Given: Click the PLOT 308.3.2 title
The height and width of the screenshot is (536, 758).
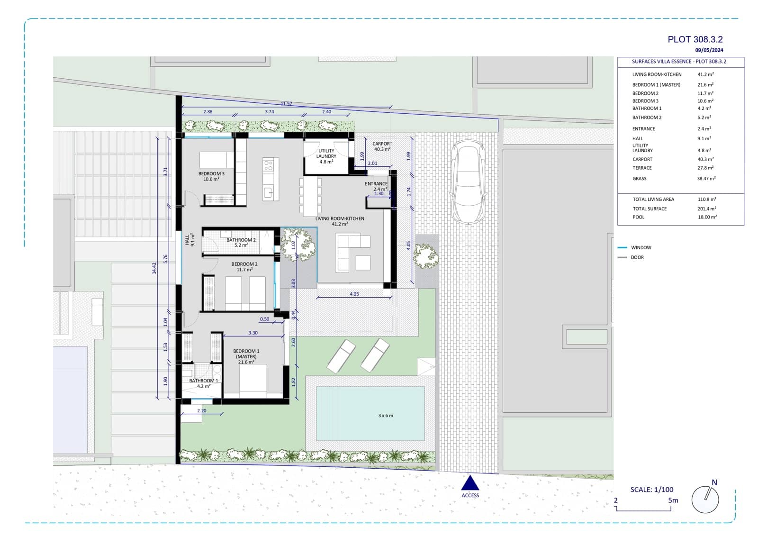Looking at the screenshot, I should click(695, 40).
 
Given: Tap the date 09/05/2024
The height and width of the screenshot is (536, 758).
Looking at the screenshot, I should click(709, 50).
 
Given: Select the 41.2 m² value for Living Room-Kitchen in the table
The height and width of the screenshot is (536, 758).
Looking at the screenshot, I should click(705, 74).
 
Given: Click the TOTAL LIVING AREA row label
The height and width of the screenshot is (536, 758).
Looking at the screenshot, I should click(653, 200).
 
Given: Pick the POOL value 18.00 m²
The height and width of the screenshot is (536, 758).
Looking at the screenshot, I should click(707, 217).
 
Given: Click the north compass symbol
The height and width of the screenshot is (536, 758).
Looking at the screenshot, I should click(705, 499).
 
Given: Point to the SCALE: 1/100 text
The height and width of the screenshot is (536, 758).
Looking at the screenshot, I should click(651, 490).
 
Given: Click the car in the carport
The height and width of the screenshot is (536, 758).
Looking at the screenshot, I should click(468, 182).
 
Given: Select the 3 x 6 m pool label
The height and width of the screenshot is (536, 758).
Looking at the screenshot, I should click(385, 416).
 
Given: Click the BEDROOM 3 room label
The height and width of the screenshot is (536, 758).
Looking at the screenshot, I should click(211, 174).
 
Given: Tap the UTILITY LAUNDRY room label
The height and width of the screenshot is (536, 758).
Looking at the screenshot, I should click(326, 154).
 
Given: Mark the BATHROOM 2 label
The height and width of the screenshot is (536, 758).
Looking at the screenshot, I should click(241, 240).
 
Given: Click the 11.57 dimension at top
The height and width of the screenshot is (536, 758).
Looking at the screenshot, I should click(286, 104).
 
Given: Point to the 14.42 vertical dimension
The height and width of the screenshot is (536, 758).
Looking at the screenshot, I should click(154, 268).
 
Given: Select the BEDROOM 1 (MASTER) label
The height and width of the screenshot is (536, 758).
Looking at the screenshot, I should click(246, 354).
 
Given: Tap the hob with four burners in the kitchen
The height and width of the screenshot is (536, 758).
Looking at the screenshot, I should click(268, 165).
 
